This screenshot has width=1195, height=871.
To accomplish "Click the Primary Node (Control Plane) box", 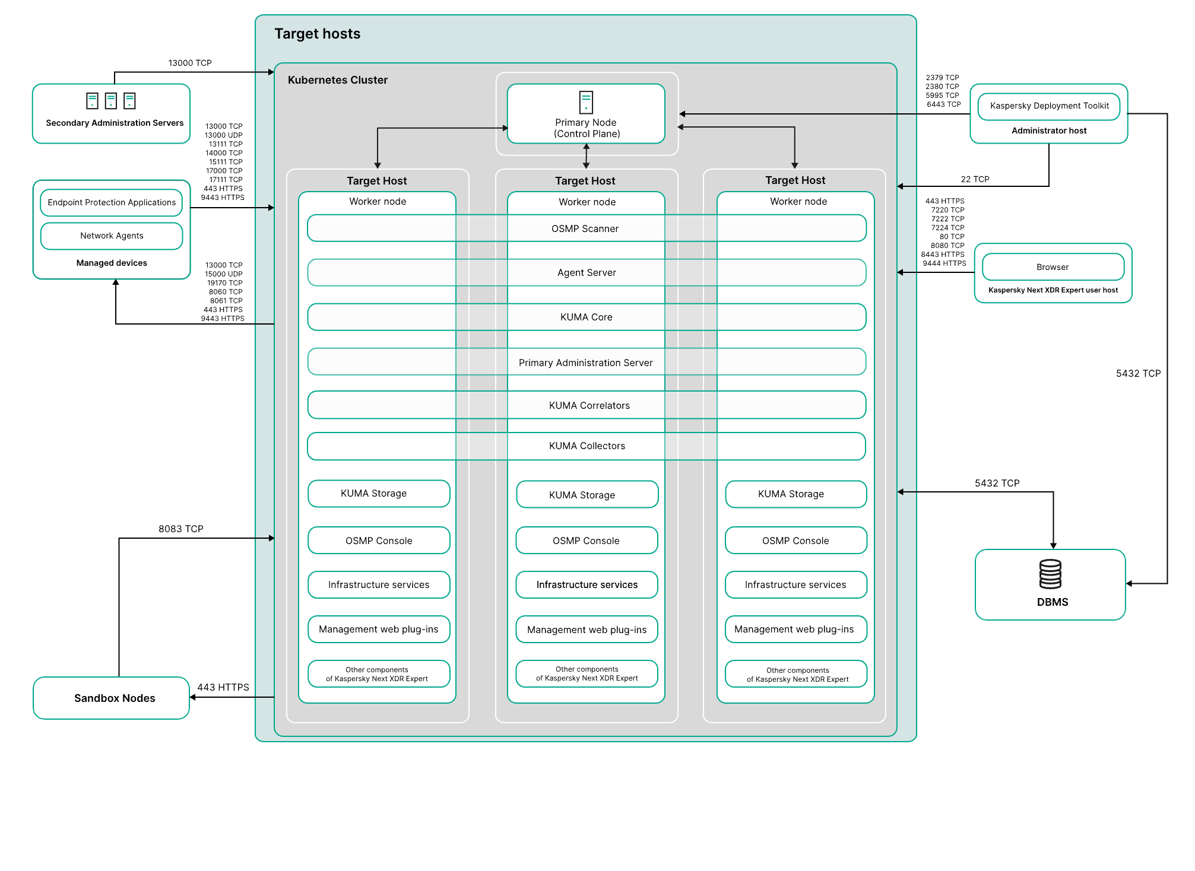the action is point(586,113).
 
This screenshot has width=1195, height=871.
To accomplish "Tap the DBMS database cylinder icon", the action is point(1050,574).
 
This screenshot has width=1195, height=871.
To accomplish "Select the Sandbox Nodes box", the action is point(112,698).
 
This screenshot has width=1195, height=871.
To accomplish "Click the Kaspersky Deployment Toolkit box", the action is point(1049,106).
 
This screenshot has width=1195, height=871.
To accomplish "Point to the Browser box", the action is point(1053,267).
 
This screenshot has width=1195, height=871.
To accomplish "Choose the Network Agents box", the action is point(112,236).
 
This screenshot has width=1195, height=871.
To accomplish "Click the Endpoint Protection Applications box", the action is point(112,202).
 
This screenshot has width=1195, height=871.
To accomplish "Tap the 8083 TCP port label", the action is point(181,529).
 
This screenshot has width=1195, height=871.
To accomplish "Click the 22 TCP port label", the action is point(975,179).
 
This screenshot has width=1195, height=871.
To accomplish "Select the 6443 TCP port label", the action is point(944,104).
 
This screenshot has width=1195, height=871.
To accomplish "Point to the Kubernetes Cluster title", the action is point(337,80).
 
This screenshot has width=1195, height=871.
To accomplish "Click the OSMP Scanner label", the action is point(585,228).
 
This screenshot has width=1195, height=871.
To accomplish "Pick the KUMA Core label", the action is point(587,317).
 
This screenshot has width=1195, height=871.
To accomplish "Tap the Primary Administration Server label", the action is point(585,363).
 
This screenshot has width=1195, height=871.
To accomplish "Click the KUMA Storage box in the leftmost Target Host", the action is point(379,494).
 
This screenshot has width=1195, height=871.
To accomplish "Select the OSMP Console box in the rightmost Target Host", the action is point(796,541).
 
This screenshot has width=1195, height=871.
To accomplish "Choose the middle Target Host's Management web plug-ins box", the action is point(587,630).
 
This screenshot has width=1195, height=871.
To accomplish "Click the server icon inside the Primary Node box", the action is point(586,102).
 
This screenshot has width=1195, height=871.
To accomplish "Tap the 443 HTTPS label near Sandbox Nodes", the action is point(223,687).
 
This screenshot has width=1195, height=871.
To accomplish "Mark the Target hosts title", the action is point(318,34).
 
